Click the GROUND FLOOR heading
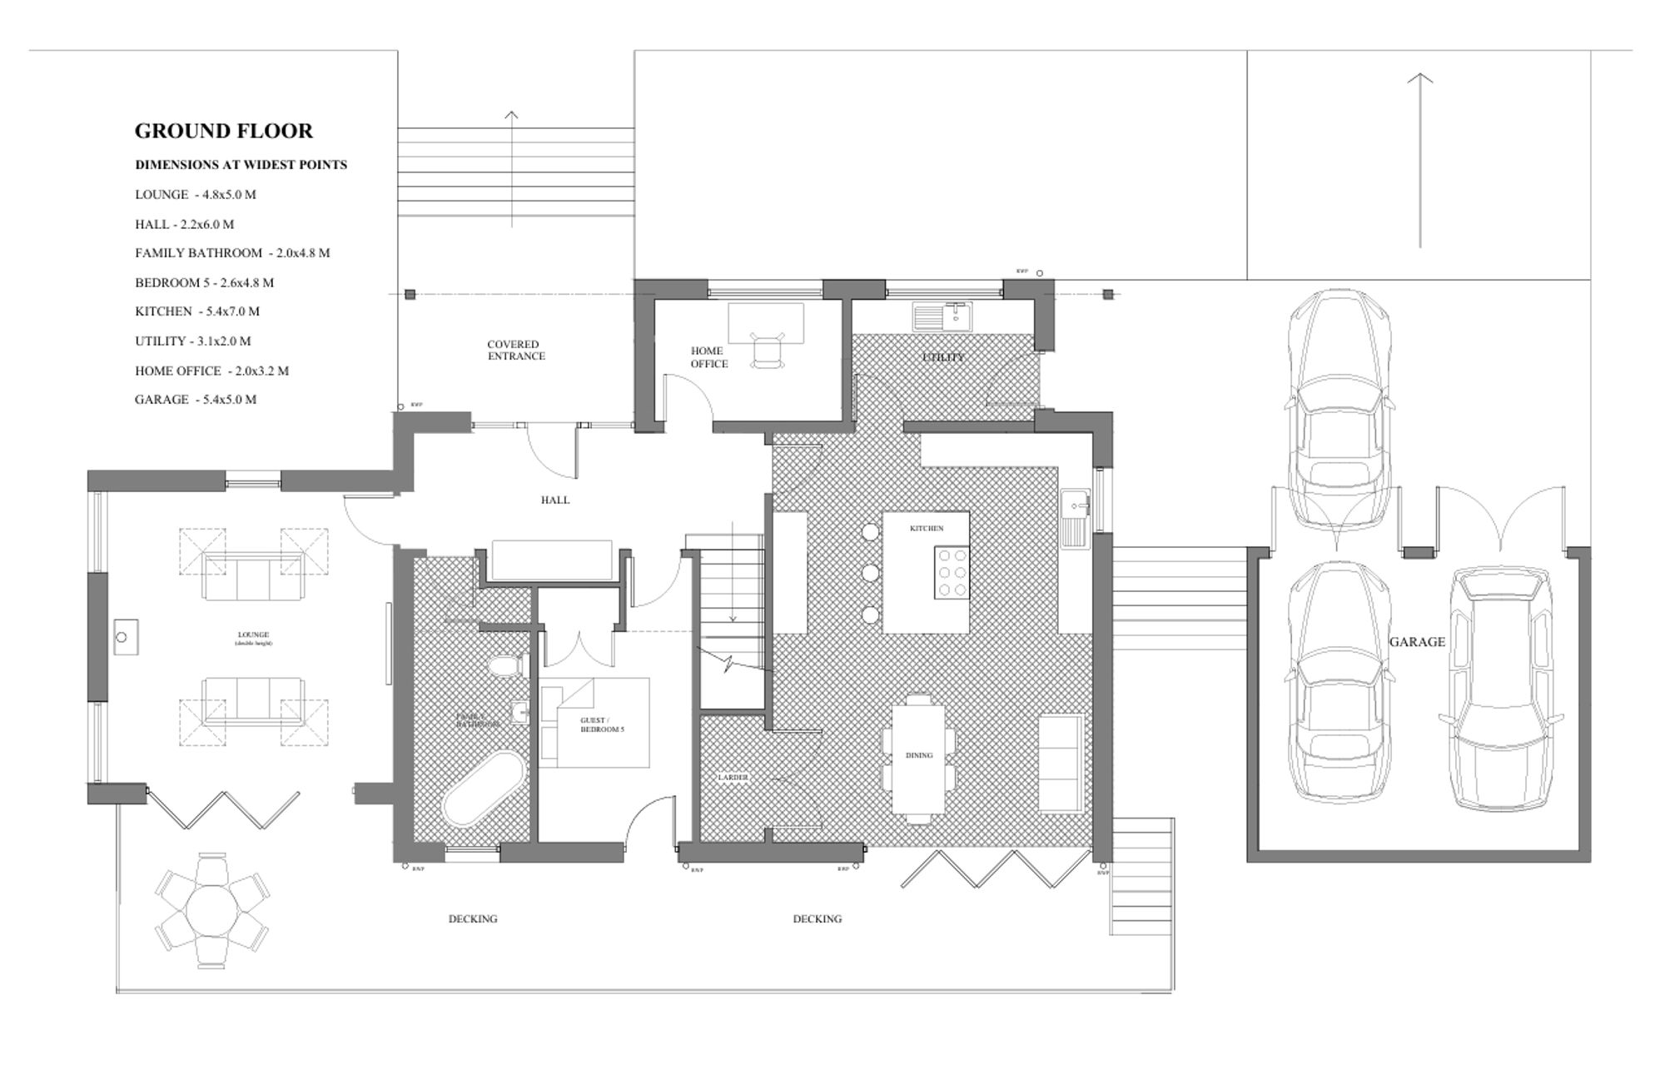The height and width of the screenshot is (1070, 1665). click(223, 131)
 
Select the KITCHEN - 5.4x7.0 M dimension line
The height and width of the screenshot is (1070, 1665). click(197, 311)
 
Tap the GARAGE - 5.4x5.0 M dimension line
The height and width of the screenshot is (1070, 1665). click(196, 400)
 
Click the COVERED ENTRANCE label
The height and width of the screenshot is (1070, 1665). click(516, 350)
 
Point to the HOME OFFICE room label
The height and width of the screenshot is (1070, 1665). click(708, 357)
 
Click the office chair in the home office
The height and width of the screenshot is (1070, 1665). click(768, 350)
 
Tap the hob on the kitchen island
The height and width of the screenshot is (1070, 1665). click(952, 572)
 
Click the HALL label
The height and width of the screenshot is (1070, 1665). click(554, 500)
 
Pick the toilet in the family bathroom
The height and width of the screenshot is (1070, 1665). click(505, 666)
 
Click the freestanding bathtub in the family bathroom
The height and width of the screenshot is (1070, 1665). click(483, 789)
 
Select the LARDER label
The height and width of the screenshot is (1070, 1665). click(733, 778)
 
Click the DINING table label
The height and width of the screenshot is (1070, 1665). click(919, 755)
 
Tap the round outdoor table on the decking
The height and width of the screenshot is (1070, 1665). click(211, 911)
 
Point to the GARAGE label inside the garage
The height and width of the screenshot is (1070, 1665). click(1417, 642)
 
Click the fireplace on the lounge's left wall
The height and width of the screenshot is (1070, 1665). click(125, 637)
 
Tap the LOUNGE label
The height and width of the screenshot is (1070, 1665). click(253, 635)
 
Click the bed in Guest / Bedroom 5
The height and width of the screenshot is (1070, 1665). click(594, 723)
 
